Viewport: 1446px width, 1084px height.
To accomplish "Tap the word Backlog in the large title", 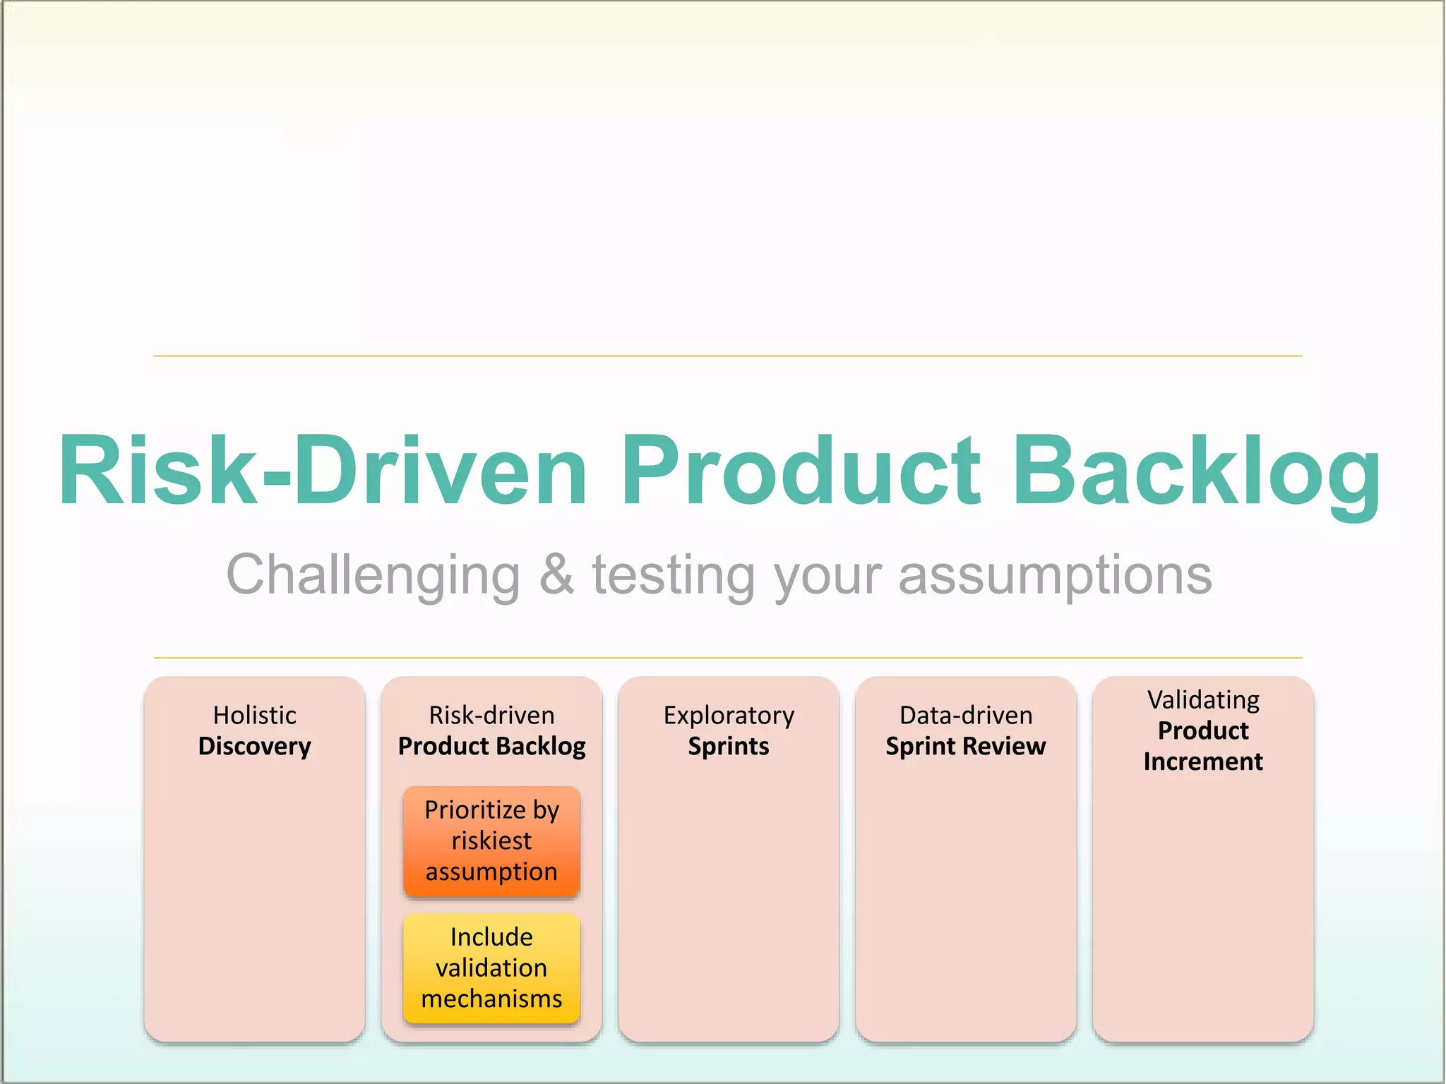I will coord(1196,471).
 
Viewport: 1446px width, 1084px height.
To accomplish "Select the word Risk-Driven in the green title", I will coord(323,471).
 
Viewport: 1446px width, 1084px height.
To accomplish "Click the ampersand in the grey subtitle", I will coord(556,574).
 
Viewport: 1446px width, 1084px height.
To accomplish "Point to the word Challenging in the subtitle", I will coord(373,575).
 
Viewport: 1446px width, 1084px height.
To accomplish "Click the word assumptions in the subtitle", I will coord(1055,575).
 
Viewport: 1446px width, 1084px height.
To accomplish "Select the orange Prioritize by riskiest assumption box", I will coord(491,841).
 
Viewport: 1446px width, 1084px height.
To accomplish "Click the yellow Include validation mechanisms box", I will coord(491,968).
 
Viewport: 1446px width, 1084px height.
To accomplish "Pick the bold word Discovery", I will coord(254,747).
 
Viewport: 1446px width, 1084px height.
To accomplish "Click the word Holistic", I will coord(254,715).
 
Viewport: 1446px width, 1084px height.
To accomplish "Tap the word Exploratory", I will coord(729,716).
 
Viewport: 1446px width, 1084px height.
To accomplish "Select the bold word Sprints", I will coord(729,747).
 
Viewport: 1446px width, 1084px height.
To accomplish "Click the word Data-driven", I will coord(966,715).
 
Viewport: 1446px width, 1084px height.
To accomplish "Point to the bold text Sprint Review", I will coord(966,746).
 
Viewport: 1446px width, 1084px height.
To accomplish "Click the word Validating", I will coord(1203,700).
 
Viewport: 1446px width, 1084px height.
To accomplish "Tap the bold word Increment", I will coord(1203,761).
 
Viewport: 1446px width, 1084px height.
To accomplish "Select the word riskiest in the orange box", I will coord(491,841).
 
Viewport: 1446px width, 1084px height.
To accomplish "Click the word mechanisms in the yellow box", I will coord(491,999).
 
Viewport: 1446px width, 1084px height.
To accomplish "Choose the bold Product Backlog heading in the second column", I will coord(491,746).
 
